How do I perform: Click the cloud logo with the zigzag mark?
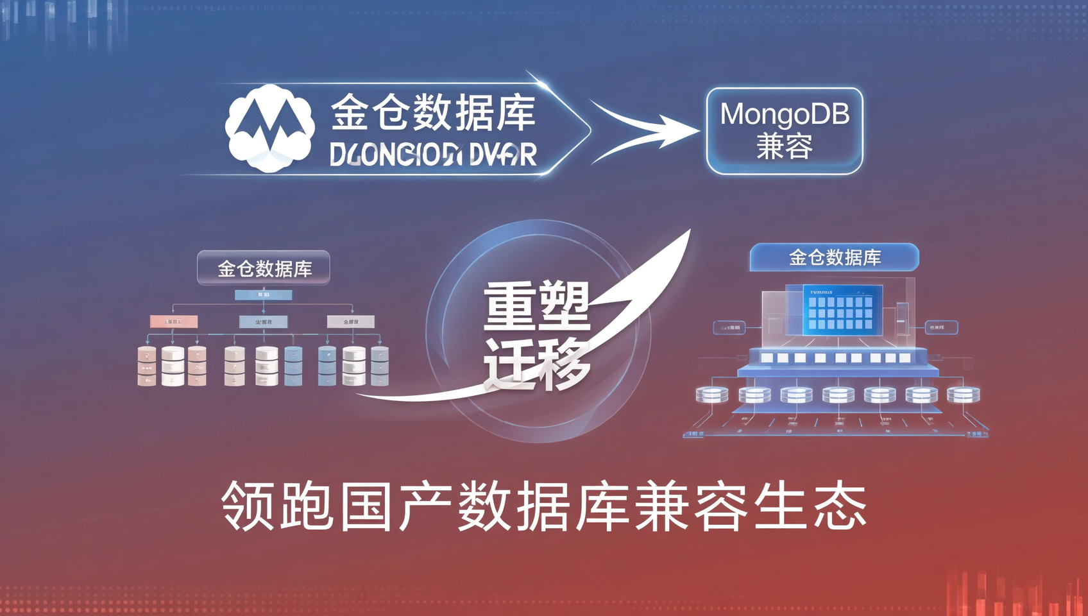pos(269,128)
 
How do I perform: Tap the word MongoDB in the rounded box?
pos(785,115)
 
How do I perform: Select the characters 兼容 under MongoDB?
pos(785,146)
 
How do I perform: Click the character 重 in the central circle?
pos(511,307)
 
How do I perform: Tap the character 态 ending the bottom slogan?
pos(840,506)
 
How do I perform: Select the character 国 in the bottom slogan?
pos(366,506)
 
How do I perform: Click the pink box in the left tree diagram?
pos(173,321)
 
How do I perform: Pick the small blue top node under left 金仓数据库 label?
pos(263,295)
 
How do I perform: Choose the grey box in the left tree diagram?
pos(350,321)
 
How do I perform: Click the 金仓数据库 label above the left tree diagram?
pos(264,268)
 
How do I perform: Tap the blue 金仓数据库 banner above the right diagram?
pos(834,257)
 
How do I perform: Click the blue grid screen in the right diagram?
pos(842,311)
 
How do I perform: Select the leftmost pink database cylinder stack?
pos(147,366)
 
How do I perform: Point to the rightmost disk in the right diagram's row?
pos(963,394)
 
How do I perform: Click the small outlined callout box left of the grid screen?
pos(729,327)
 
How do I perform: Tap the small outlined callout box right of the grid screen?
pos(941,327)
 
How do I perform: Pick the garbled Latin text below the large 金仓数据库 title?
pos(433,155)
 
